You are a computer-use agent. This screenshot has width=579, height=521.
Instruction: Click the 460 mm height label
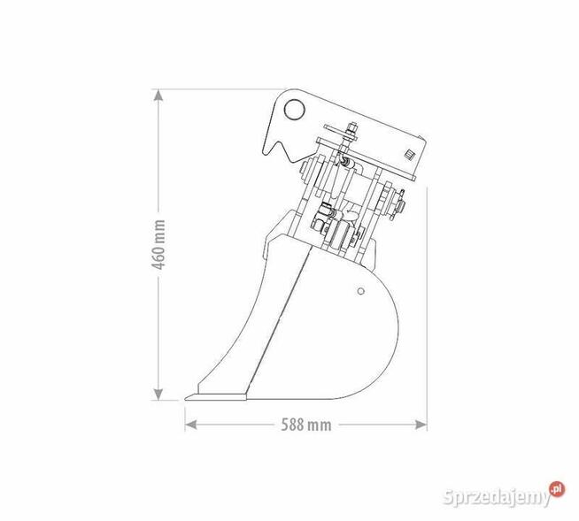pos(159,244)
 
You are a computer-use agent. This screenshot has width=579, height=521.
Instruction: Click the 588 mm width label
pos(305,425)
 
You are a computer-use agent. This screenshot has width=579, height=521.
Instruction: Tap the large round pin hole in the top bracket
pos(293,109)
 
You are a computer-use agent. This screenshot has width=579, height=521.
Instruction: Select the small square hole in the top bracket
pos(409,155)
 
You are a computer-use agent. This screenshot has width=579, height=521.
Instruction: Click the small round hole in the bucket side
pos(360,290)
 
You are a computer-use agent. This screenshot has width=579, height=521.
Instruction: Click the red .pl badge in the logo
pos(556,487)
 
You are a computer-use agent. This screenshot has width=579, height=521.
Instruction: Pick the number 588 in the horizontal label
pos(296,425)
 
